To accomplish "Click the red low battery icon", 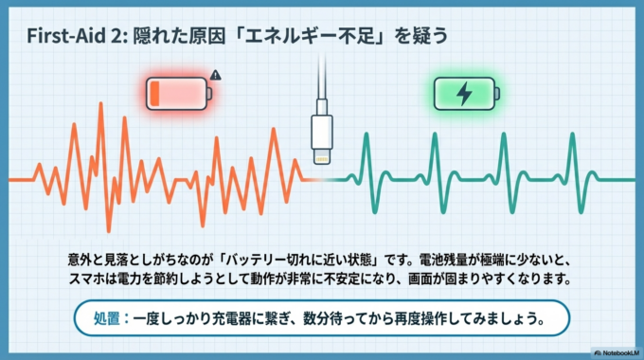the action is pos(177,94).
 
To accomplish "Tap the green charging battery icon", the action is pos(463,94).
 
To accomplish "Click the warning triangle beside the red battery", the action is pos(216,74).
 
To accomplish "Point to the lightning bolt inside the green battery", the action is pos(463,94).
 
